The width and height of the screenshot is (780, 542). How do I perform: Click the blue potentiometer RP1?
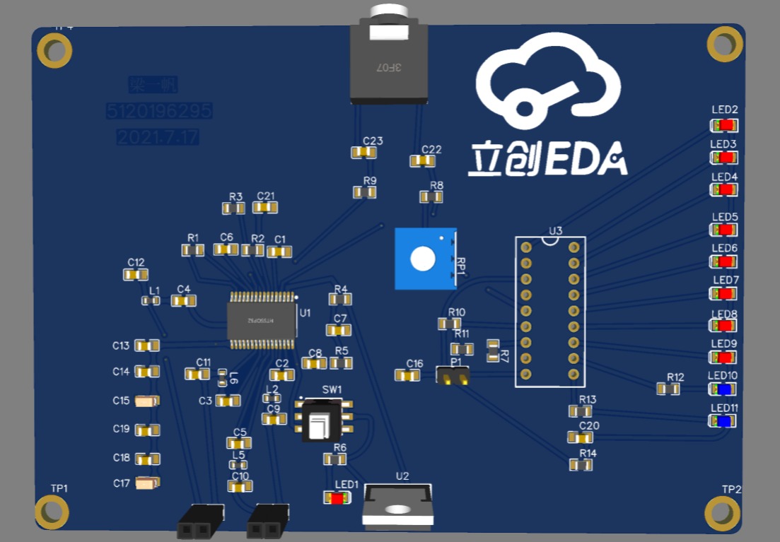424,259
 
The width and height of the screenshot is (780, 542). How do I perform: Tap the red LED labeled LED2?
724,125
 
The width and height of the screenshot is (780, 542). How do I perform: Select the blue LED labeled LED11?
723,421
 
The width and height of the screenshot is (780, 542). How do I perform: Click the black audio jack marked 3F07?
389,64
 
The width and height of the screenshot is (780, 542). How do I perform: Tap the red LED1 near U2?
337,498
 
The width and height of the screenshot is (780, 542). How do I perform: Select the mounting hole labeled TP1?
52,512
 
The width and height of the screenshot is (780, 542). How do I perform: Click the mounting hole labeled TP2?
723,512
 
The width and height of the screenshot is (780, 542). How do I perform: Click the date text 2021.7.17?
158,137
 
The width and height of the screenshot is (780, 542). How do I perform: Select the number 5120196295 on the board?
159,112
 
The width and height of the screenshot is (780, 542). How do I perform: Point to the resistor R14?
581,465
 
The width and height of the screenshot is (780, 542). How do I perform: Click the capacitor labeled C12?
136,274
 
